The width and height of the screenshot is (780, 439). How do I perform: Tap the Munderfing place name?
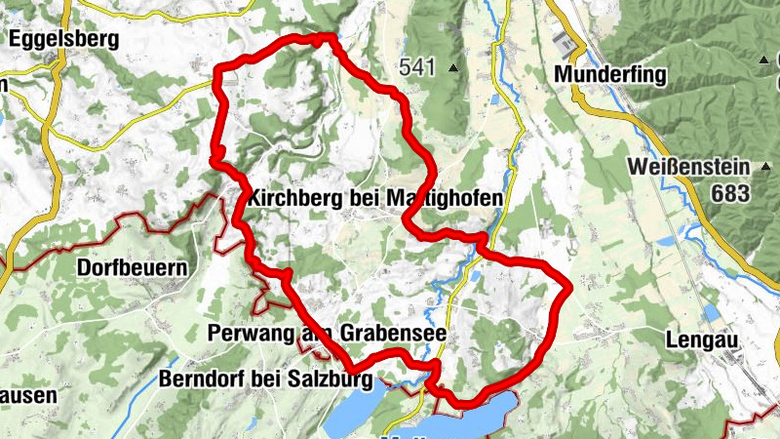pyautogui.click(x=608, y=74)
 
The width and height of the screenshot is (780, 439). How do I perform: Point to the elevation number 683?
pyautogui.click(x=730, y=193)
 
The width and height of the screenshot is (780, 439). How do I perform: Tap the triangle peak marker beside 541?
pyautogui.click(x=452, y=68)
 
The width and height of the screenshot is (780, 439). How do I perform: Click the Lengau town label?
pyautogui.click(x=700, y=340)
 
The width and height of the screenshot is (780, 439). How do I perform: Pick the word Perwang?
pyautogui.click(x=250, y=334)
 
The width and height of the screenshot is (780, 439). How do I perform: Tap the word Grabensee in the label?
pyautogui.click(x=398, y=334)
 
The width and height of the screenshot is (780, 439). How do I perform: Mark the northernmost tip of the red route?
pyautogui.click(x=327, y=37)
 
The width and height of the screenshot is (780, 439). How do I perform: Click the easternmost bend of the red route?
pyautogui.click(x=567, y=288)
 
